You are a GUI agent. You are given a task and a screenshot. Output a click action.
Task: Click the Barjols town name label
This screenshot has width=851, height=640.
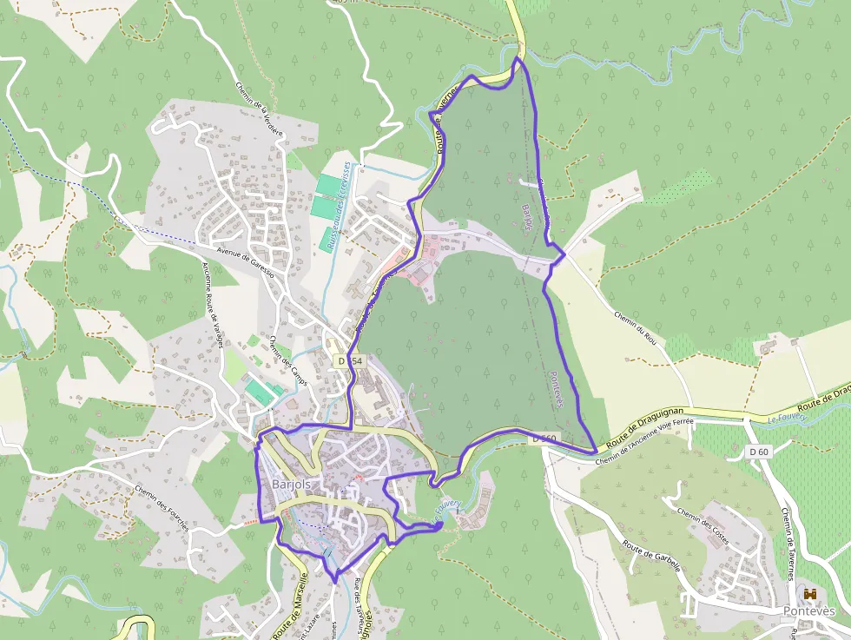[x=291, y=485]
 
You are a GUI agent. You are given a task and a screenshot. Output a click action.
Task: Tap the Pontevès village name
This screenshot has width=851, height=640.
[x=809, y=611]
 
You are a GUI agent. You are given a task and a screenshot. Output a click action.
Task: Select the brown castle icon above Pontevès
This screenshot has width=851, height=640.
[x=811, y=594]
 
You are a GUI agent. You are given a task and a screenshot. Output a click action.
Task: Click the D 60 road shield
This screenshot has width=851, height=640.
[x=759, y=452]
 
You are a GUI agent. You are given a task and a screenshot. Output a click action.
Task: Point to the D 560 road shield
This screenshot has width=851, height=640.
[x=544, y=439]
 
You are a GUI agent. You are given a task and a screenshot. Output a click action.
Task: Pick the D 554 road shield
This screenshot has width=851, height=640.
[x=350, y=360]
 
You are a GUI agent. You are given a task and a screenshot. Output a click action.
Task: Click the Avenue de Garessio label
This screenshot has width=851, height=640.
[x=245, y=261]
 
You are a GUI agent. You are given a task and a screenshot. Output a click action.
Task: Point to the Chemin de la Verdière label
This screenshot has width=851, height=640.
[x=260, y=109]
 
